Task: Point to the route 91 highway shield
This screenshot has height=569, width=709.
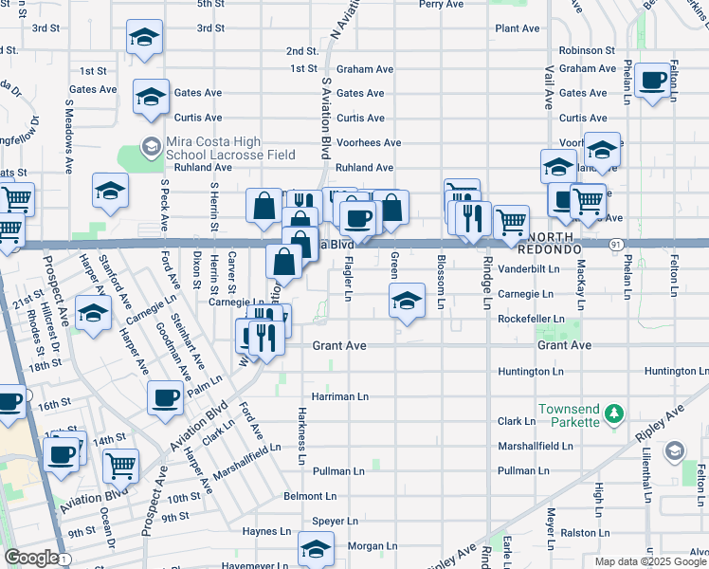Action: point(615,244)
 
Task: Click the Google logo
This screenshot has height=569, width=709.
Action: point(31,558)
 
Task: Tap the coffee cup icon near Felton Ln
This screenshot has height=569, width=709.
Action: point(652,82)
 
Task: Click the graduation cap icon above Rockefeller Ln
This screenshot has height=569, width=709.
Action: point(406,302)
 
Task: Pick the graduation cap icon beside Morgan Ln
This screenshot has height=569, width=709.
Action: point(317,548)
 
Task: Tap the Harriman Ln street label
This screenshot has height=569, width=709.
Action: point(340,396)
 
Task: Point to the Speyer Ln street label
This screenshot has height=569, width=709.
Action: point(336,521)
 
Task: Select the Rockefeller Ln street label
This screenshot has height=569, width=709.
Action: point(532,320)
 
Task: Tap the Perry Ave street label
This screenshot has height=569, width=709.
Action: point(441,4)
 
